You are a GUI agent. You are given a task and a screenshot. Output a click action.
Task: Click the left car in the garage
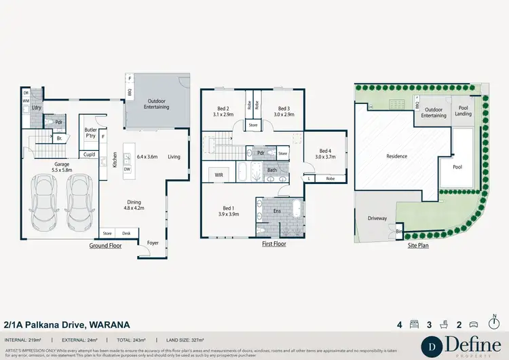[x=45, y=202]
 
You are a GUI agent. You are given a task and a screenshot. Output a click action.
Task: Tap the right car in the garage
[x=79, y=202]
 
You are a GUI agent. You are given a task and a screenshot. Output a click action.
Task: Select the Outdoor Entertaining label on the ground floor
[x=157, y=104]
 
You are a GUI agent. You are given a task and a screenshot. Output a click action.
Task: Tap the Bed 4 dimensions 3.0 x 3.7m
[x=325, y=157]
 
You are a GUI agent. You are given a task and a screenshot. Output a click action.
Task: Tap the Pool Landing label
[x=464, y=111]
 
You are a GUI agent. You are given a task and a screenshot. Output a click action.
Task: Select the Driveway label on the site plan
[x=377, y=219]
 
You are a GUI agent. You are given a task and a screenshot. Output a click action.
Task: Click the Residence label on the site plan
[x=397, y=156]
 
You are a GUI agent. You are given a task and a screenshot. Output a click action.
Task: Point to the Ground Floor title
[x=105, y=246]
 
